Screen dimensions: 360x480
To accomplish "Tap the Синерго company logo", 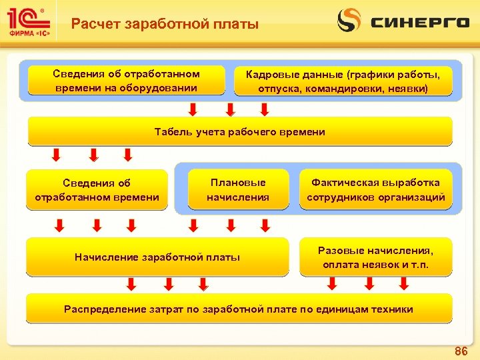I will point(403,21).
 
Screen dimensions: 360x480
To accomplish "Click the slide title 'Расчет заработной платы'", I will point(165,25).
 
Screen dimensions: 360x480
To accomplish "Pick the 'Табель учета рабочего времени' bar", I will point(239,132).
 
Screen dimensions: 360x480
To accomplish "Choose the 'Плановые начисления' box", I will point(237,190).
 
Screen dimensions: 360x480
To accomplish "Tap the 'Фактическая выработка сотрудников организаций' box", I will point(375,190).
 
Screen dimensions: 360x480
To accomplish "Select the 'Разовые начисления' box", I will point(375,257).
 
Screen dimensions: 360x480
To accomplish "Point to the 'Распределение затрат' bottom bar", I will point(239,309).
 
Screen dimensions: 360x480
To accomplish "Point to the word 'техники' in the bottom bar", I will point(393,309).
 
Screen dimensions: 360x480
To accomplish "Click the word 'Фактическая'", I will point(344,183).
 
